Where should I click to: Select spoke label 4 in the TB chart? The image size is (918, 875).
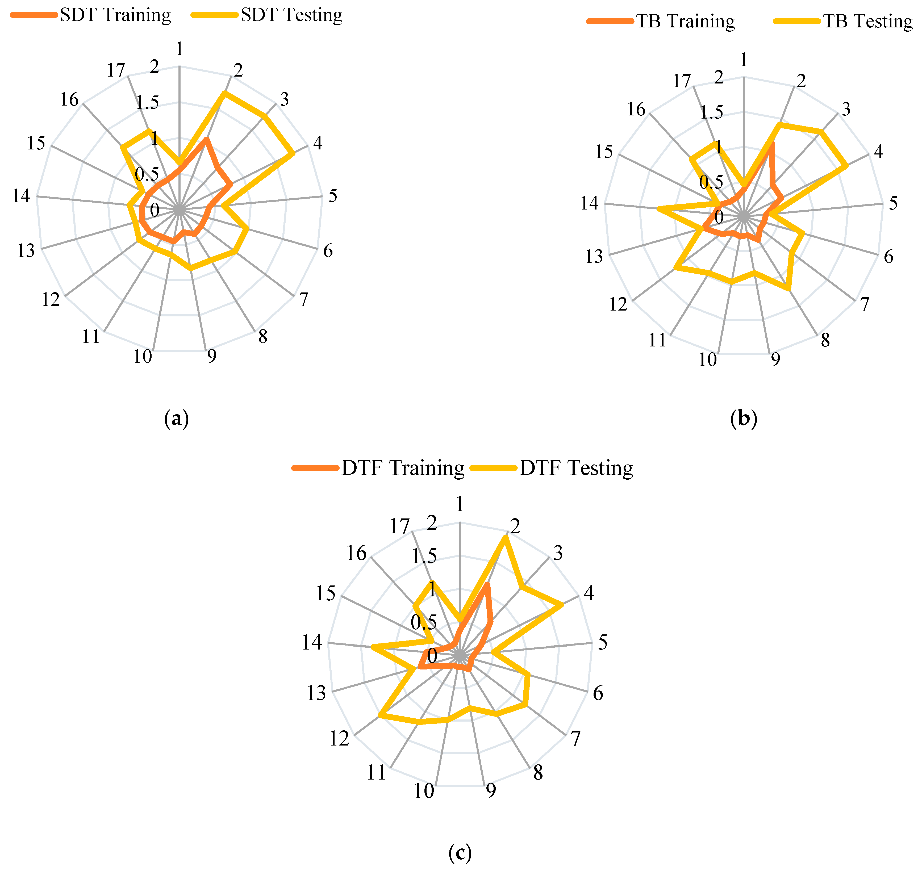pyautogui.click(x=878, y=152)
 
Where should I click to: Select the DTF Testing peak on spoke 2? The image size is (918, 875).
pyautogui.click(x=504, y=537)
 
